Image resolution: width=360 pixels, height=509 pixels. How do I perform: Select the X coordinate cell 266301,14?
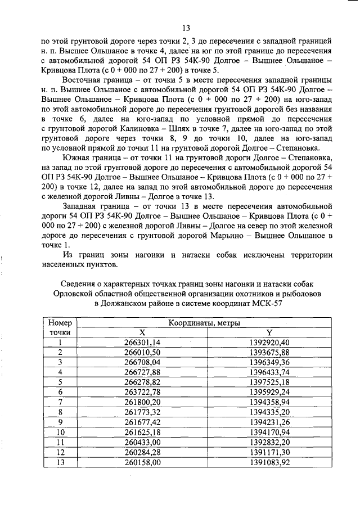click(x=142, y=342)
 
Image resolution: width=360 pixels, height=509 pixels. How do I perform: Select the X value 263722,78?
click(x=142, y=391)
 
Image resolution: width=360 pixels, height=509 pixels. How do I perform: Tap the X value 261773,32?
click(x=142, y=411)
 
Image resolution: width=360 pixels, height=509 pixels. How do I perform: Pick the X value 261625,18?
click(x=142, y=431)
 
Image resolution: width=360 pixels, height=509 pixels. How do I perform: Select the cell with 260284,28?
click(x=142, y=451)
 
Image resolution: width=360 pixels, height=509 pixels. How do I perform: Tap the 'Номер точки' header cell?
click(x=60, y=327)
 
